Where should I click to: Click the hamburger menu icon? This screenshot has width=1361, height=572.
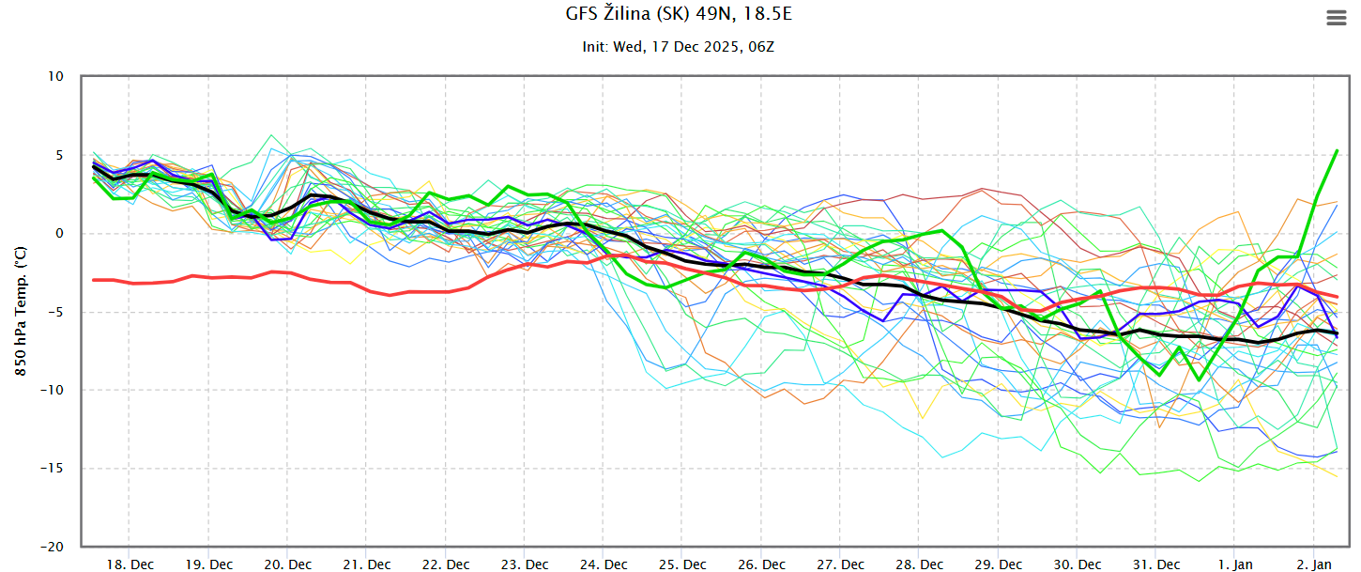click(1336, 18)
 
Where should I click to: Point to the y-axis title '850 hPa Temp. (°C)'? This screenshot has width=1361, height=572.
click(20, 310)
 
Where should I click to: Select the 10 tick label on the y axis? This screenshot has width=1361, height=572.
click(57, 76)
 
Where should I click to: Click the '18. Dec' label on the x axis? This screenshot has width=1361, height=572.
click(130, 564)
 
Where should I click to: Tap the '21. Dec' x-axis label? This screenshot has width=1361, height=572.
click(367, 564)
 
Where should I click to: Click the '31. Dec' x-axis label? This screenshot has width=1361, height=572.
click(1157, 564)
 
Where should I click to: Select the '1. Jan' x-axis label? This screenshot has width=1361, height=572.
click(1236, 564)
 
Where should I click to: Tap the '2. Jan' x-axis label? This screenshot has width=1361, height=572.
click(1315, 564)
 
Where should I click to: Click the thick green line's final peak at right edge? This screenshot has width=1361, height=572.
click(1337, 150)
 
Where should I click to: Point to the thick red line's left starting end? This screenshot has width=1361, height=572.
click(94, 280)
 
